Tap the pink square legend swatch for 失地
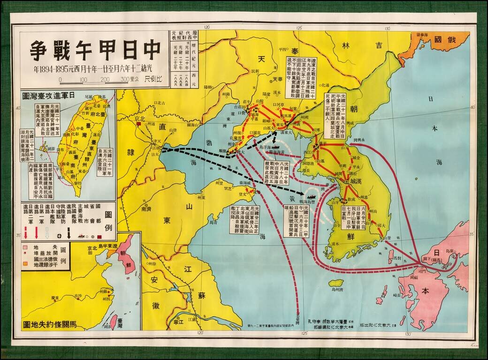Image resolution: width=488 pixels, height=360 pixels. coord(25,246)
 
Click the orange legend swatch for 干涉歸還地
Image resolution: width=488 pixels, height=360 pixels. coord(25,265)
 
